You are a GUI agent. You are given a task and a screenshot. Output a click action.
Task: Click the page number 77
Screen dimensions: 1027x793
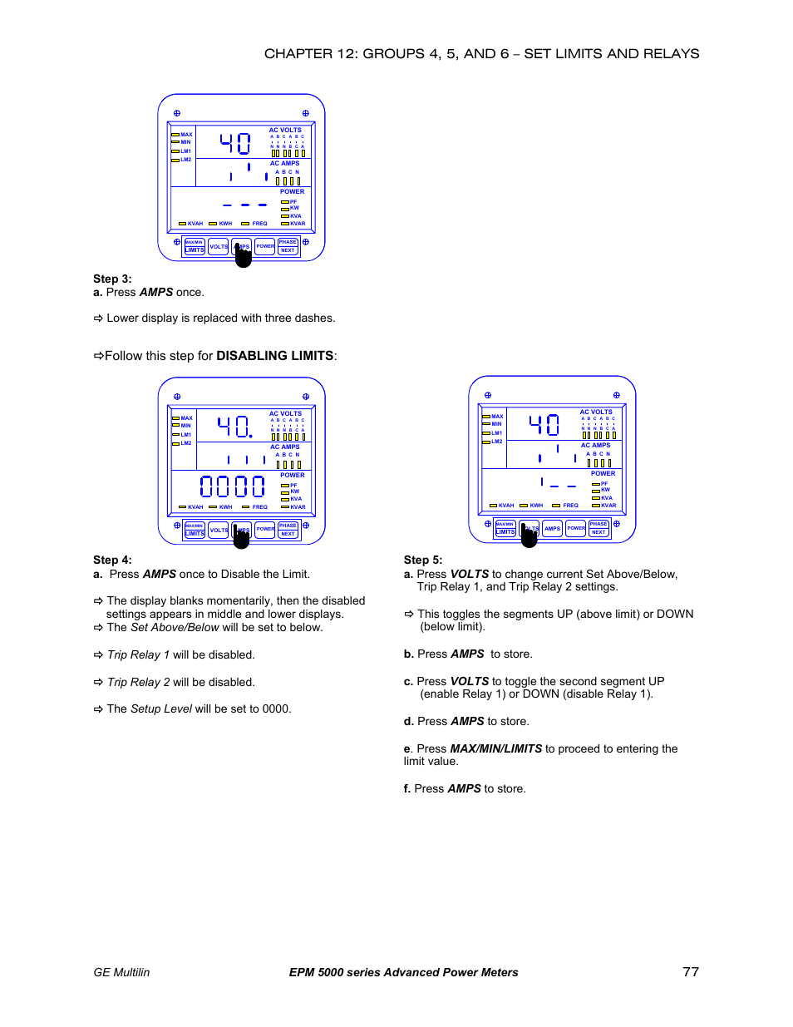[x=690, y=971]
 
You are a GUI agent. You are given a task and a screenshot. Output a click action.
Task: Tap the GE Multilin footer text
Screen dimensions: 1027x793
[x=121, y=972]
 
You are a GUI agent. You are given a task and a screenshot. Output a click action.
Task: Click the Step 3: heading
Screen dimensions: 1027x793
[x=112, y=279]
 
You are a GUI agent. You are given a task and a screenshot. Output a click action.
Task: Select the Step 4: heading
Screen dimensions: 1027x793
[x=112, y=560]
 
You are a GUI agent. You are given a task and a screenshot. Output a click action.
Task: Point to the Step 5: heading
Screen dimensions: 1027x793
[x=423, y=560]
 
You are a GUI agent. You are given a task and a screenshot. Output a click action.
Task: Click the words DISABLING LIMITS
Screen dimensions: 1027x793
[x=274, y=356]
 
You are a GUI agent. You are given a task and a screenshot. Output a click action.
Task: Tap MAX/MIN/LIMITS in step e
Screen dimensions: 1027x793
[x=495, y=749]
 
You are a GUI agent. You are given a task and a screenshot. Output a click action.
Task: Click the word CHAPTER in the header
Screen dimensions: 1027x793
[x=298, y=54]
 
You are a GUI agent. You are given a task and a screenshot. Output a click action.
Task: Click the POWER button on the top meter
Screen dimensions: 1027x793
[x=265, y=246]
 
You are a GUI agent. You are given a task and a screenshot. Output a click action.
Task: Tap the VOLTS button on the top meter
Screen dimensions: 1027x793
[x=219, y=246]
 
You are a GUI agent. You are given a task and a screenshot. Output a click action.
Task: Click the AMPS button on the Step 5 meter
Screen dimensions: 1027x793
[x=552, y=528]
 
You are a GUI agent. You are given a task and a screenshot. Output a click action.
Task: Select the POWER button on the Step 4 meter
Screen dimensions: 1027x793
[x=265, y=529]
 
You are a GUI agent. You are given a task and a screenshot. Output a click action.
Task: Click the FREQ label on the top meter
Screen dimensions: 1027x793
[x=259, y=224]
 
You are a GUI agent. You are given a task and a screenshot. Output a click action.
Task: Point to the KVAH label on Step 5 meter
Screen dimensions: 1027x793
[x=505, y=506]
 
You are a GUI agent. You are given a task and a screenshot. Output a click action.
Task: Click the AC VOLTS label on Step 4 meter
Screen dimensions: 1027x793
[x=285, y=413]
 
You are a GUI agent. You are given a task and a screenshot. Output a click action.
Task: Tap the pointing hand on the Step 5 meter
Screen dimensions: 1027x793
[x=529, y=536]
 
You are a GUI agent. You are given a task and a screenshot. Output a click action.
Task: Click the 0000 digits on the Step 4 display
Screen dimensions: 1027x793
[x=232, y=486]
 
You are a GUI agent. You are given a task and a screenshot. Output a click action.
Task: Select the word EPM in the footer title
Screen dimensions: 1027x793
[x=302, y=972]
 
